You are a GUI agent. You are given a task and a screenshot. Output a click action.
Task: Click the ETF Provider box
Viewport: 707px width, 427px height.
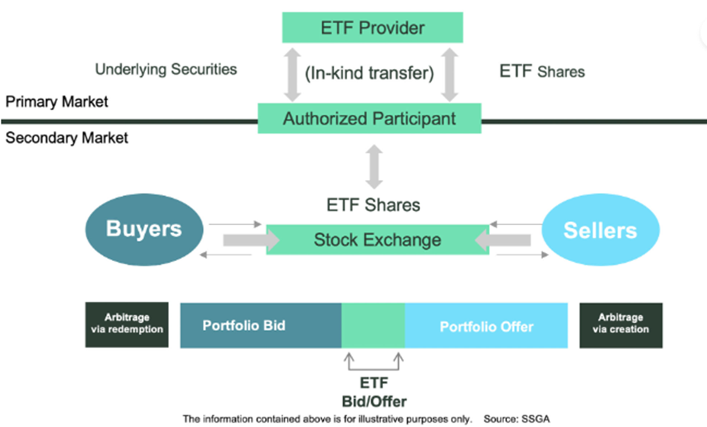coord(372,29)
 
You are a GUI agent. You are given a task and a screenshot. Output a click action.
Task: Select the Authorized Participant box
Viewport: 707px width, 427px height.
coord(369,119)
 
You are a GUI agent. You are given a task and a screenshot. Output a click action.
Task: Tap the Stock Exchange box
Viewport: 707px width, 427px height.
coord(377,240)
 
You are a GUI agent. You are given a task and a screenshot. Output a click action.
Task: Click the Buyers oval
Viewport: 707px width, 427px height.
coord(144,229)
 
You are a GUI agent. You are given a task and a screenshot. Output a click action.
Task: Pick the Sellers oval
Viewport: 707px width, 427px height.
coord(600,231)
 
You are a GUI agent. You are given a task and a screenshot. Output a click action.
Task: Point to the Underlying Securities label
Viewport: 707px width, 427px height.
coord(165,70)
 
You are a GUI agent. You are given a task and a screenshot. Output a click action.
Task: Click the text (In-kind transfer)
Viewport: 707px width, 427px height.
coord(369,74)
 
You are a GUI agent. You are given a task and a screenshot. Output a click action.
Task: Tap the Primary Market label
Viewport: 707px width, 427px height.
coord(57,101)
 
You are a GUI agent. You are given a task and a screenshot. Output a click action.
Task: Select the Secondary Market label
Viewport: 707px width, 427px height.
coord(67,138)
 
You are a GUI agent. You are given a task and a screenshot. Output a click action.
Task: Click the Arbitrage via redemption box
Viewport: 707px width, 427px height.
coord(125,324)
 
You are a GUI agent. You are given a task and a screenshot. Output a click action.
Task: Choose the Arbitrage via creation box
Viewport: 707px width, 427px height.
coord(621,324)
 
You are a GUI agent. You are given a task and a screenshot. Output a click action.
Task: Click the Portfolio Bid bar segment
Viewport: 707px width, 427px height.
coord(261,326)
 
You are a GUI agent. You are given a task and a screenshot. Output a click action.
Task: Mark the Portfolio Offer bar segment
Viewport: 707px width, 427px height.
coord(486,326)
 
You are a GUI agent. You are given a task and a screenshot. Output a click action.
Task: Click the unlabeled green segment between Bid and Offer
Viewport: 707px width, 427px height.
coord(373,326)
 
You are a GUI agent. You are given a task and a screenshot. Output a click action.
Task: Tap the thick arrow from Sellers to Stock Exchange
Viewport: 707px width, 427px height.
coord(503,241)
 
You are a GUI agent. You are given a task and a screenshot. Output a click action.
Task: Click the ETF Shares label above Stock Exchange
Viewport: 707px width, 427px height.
coord(373,205)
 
